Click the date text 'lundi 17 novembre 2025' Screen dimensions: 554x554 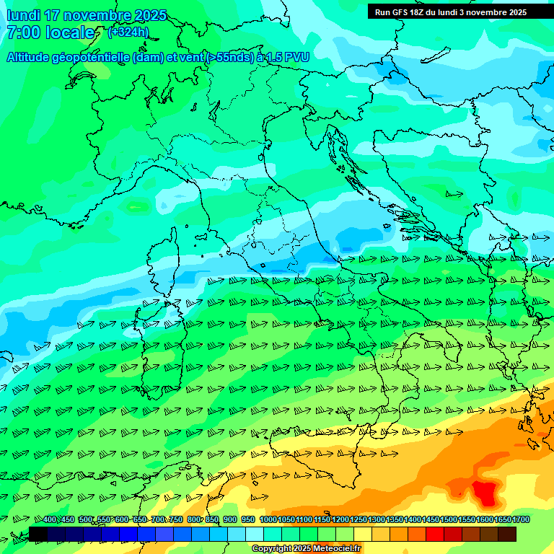[87, 15]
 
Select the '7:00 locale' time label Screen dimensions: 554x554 [50, 32]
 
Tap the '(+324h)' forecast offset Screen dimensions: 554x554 [128, 32]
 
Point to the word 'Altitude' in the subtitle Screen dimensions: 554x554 [33, 58]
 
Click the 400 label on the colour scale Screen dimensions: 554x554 [50, 520]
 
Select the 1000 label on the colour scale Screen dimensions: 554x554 [268, 520]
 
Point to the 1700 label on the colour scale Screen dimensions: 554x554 [520, 520]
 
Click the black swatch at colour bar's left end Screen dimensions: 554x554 [38, 534]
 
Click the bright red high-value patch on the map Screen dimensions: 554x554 [485, 493]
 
